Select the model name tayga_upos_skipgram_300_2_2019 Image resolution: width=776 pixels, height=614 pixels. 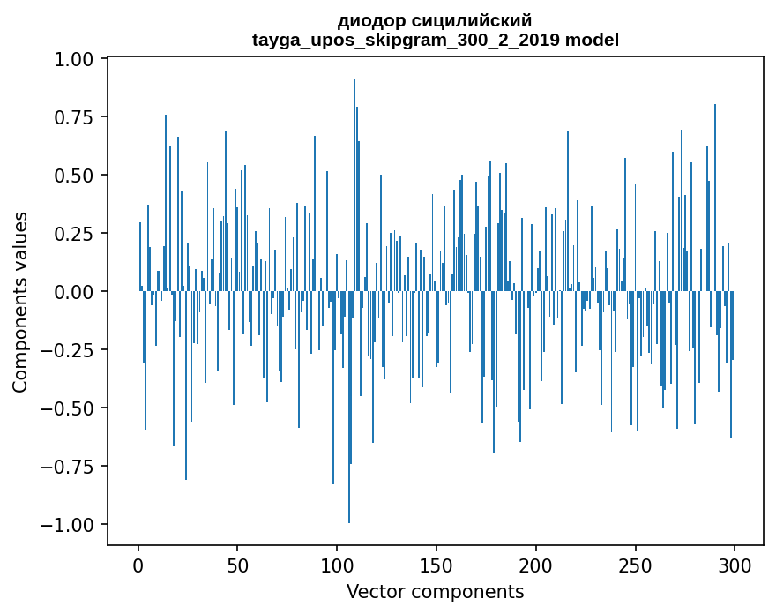(x=406, y=40)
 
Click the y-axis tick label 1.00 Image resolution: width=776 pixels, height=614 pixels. (x=73, y=59)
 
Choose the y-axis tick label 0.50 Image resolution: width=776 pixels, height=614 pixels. (x=73, y=176)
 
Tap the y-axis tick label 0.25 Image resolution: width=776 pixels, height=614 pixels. (x=73, y=233)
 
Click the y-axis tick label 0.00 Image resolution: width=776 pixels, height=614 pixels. (x=73, y=292)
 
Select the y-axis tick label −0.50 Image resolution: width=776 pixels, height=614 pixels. (x=67, y=408)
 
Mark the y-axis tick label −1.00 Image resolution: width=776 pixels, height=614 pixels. (x=67, y=524)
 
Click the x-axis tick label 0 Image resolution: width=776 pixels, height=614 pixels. (x=138, y=565)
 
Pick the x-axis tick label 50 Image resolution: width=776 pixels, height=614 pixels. (x=237, y=565)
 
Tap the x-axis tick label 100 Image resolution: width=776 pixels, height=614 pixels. (x=337, y=565)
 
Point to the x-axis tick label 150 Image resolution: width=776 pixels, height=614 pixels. (x=436, y=565)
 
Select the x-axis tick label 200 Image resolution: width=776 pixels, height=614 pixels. (x=535, y=565)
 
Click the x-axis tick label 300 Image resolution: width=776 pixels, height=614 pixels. (x=734, y=565)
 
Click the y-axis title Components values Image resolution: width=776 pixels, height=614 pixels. (x=19, y=302)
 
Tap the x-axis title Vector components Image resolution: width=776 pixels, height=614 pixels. (x=435, y=592)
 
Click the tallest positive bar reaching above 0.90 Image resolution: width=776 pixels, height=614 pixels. (x=354, y=184)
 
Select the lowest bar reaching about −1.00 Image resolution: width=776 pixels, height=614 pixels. (x=349, y=407)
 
